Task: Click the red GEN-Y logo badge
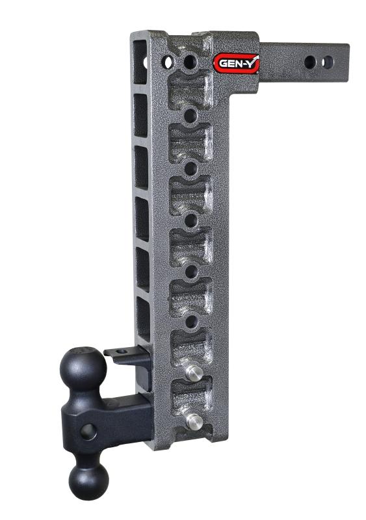(237, 64)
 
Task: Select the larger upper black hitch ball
(83, 368)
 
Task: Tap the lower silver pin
(193, 421)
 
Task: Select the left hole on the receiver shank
(311, 62)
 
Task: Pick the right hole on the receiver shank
(328, 62)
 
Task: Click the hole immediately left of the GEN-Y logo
(190, 62)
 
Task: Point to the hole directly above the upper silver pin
(191, 321)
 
